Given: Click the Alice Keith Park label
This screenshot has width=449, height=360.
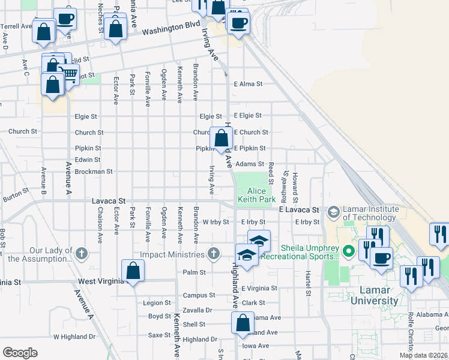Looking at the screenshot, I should [256, 194].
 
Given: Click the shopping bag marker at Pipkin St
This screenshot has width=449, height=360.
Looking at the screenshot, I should [221, 137].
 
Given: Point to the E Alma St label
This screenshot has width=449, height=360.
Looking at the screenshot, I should [249, 84].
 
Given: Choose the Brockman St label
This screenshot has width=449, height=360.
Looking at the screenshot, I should [94, 172].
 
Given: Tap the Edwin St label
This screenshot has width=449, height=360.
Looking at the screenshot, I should [88, 160].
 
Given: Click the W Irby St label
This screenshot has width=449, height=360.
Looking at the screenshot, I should [216, 222].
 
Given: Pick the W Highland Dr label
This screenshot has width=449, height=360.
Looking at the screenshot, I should [74, 337].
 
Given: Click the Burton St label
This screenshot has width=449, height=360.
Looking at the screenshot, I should [16, 193].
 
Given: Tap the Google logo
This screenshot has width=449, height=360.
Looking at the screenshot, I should [20, 353].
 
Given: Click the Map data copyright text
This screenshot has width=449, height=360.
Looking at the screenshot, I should [423, 355].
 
